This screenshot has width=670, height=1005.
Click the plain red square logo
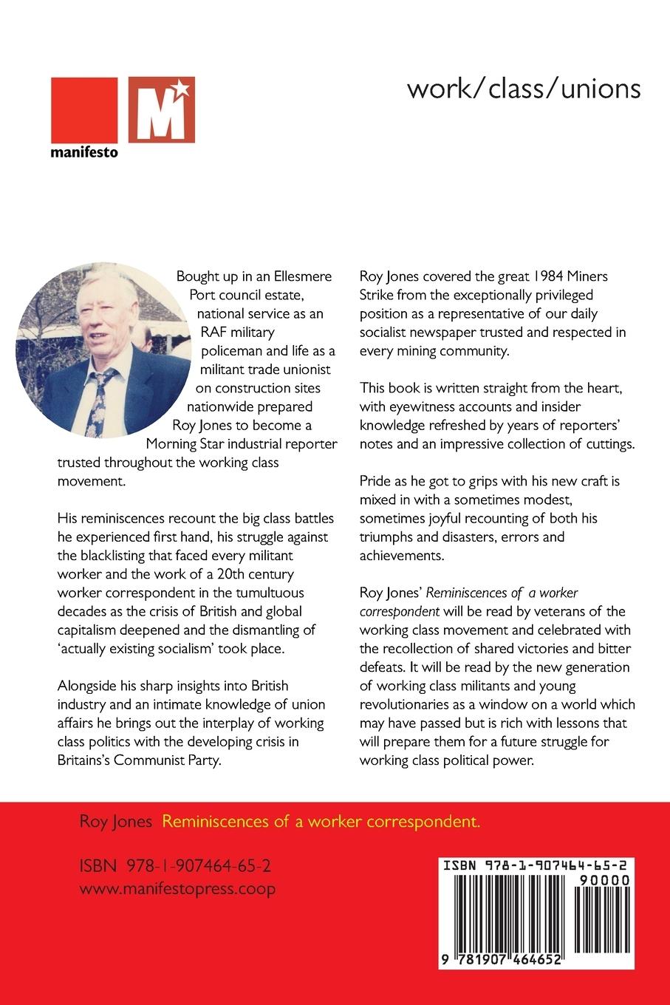pyautogui.click(x=85, y=109)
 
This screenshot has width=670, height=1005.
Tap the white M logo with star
pyautogui.click(x=162, y=109)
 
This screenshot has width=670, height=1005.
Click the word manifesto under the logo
pyautogui.click(x=84, y=153)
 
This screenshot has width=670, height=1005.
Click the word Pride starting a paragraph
pyautogui.click(x=376, y=480)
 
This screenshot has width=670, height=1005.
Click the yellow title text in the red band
pyautogui.click(x=321, y=822)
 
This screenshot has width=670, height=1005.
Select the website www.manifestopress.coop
pyautogui.click(x=177, y=888)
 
